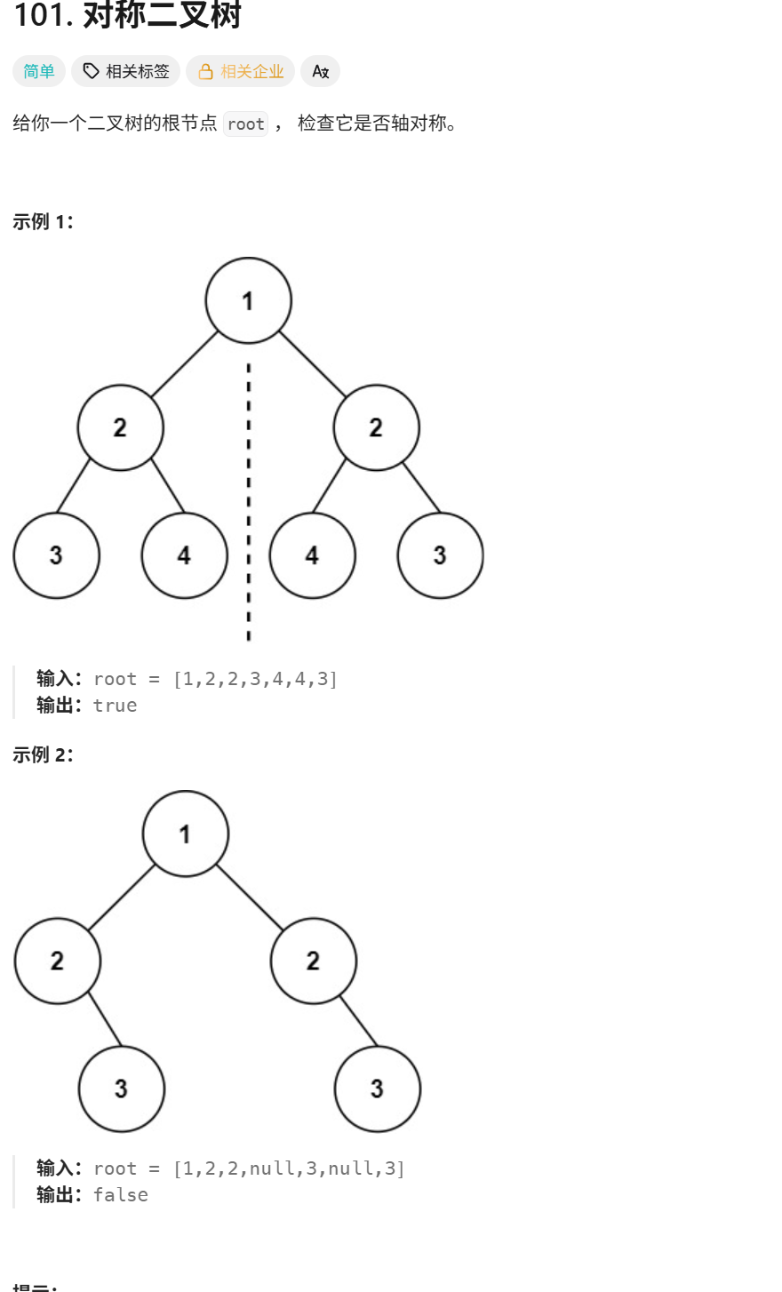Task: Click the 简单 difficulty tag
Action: (x=39, y=72)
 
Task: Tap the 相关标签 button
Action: (x=125, y=72)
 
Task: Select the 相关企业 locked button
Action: (x=240, y=72)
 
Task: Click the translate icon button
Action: (x=320, y=72)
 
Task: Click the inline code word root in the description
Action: (x=245, y=124)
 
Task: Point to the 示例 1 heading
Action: (x=43, y=222)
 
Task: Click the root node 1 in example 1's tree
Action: (x=248, y=300)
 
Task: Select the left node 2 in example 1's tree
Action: (x=120, y=427)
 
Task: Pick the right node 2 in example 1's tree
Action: (x=376, y=427)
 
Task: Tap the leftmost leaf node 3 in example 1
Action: (x=56, y=555)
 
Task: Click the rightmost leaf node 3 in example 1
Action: (x=440, y=555)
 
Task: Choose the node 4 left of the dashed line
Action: (x=184, y=555)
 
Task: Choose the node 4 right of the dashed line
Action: (x=312, y=555)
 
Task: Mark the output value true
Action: (x=116, y=706)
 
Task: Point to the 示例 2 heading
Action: (x=43, y=755)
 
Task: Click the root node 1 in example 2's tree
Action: (x=185, y=833)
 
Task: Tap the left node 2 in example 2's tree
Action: (x=57, y=961)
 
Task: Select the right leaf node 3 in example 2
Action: (x=377, y=1089)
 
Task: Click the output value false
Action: (x=121, y=1195)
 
